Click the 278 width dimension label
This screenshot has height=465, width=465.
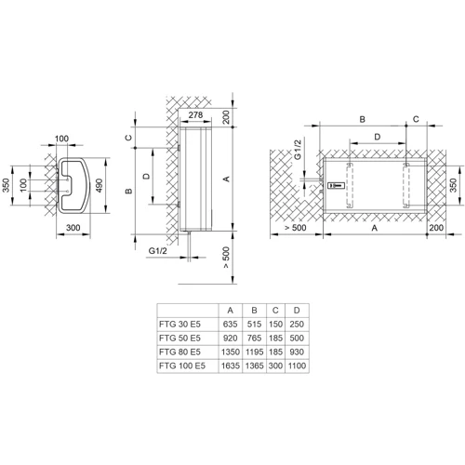(x=195, y=115)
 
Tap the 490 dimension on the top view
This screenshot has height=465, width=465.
(x=100, y=185)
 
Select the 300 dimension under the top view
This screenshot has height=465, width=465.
(x=73, y=228)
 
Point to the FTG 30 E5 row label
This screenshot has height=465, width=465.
(x=179, y=325)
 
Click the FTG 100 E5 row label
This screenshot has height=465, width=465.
(x=182, y=365)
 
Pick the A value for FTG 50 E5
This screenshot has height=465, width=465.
(x=230, y=339)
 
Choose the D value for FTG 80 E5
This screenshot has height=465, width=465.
(x=297, y=352)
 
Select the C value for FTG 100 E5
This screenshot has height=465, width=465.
(x=275, y=365)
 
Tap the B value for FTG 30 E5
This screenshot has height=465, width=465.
(x=254, y=325)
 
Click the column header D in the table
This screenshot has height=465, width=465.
(x=297, y=311)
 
